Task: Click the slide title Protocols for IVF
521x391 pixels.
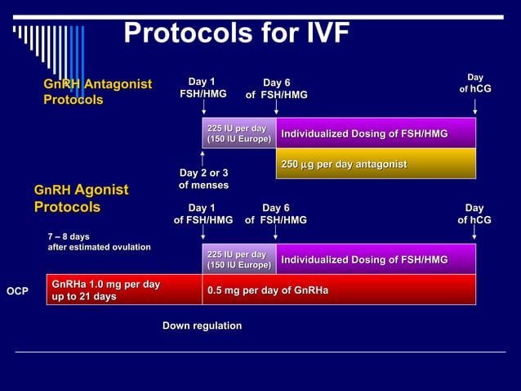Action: coord(236,33)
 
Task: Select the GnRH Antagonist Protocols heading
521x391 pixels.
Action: coord(97,92)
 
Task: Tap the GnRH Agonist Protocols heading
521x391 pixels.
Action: coord(81,199)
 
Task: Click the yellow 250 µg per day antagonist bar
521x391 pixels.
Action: coord(376,164)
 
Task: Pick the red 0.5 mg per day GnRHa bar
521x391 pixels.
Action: coord(339,290)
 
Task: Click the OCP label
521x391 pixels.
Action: coord(18,290)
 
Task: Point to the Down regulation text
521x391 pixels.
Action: coord(202,326)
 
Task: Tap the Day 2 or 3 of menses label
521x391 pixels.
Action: coord(203,179)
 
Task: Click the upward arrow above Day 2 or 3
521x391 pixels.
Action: coord(203,157)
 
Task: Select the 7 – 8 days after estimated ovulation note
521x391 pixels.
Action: coord(99,242)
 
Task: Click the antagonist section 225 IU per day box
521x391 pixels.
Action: coord(238,133)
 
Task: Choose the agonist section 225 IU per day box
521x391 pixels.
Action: coord(238,259)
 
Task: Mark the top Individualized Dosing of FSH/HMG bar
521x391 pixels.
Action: coord(376,133)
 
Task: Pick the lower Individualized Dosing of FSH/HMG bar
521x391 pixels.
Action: coord(376,259)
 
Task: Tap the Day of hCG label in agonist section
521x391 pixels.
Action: coord(474,214)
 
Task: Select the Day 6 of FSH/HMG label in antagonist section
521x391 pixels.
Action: coord(276,88)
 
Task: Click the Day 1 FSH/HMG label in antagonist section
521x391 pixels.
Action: coord(203,88)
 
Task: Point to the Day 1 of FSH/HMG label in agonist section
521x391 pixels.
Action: coord(203,214)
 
